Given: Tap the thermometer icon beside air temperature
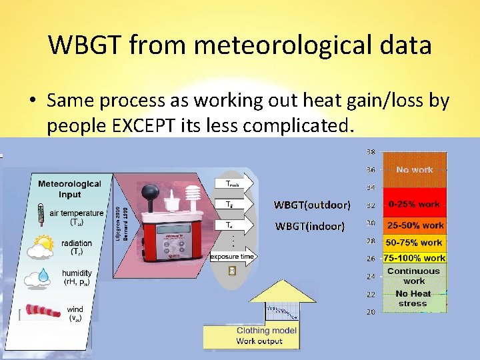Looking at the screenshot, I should [41, 215].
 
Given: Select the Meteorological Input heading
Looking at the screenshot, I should [69, 189].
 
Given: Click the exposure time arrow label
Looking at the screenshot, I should [231, 256].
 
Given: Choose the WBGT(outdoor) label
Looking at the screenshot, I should [312, 204].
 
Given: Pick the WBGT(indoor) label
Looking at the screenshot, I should [309, 226].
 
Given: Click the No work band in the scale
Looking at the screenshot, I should [414, 170].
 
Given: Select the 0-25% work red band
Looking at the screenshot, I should [414, 204].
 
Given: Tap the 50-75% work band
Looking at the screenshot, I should [414, 243].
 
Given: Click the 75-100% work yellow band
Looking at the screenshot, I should [414, 258].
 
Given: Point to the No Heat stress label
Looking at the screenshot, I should [413, 299].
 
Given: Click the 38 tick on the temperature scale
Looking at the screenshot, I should [370, 151].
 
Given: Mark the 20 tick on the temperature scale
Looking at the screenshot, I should [370, 312].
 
